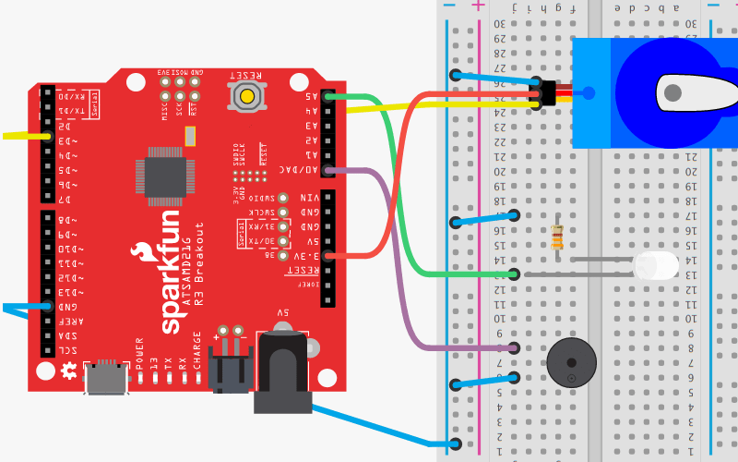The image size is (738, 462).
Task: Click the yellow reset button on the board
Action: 246,95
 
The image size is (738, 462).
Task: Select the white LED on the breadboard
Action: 656,267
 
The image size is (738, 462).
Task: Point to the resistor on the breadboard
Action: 556,237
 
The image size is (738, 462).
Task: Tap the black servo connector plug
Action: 548,92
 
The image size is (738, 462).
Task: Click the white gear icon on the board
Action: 67,371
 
